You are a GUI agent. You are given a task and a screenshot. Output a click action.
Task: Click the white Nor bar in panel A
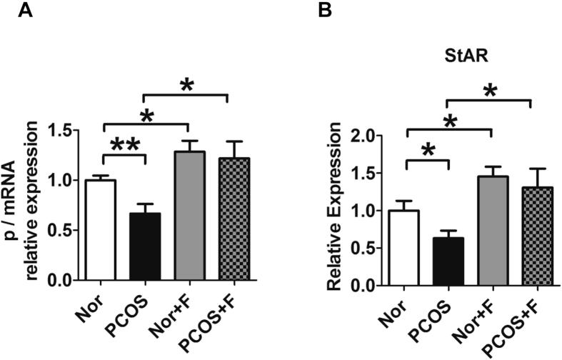pyautogui.click(x=101, y=230)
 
